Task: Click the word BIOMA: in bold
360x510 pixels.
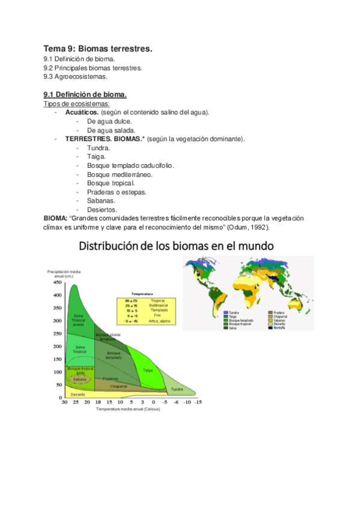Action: click(x=55, y=218)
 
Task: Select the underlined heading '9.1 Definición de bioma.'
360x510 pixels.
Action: click(x=85, y=94)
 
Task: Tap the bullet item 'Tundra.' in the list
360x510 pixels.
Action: click(x=99, y=147)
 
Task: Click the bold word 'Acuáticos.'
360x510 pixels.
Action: click(x=82, y=112)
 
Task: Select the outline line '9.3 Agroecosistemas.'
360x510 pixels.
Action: click(x=76, y=77)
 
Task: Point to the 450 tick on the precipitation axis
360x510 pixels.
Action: click(x=58, y=281)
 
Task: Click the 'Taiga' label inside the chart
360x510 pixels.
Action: click(x=148, y=370)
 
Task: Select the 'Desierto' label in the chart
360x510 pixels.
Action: click(x=78, y=395)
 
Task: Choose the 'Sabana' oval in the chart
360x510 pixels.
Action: click(x=79, y=380)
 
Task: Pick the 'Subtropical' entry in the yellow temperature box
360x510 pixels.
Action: click(x=157, y=305)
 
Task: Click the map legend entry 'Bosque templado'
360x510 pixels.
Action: click(x=239, y=320)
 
